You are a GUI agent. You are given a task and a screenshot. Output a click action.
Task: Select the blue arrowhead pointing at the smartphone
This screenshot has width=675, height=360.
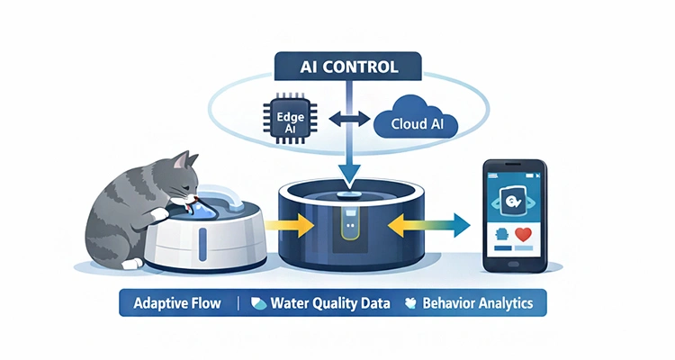pyautogui.click(x=460, y=223)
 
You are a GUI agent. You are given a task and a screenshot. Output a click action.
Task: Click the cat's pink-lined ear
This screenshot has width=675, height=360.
pyautogui.click(x=188, y=163)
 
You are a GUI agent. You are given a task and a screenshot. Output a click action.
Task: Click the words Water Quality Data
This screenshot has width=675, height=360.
pyautogui.click(x=331, y=302)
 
